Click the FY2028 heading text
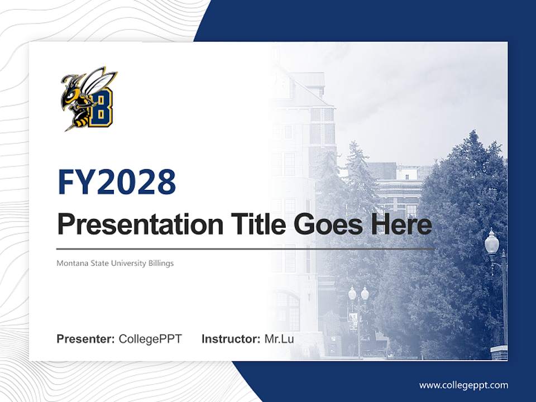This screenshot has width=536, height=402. point(117,182)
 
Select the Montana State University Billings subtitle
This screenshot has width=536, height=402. point(115,263)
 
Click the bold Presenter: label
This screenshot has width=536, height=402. point(86,339)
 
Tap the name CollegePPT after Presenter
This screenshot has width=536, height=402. point(150,339)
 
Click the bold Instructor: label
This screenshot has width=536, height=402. point(231,339)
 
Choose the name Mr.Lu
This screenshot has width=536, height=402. point(279,339)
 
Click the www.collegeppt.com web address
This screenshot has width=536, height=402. point(463,385)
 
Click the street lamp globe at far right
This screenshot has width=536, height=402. point(491,242)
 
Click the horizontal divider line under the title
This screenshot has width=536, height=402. point(246,248)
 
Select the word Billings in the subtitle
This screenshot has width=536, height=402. point(160,263)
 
